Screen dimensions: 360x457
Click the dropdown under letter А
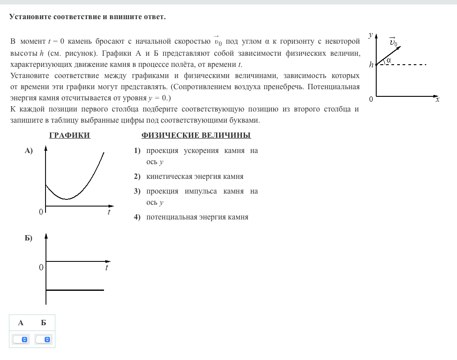point(21,339)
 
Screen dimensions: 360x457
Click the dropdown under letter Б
point(43,339)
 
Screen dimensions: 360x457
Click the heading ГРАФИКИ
point(70,136)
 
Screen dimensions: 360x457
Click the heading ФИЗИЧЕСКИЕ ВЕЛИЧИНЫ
point(196,136)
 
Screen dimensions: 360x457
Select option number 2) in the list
point(137,177)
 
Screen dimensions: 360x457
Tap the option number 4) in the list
point(137,217)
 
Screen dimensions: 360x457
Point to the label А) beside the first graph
point(29,151)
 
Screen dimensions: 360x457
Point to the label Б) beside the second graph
point(29,238)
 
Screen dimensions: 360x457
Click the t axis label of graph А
point(109,212)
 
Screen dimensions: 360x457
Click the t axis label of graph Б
point(107,268)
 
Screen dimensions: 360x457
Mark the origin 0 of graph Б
point(41,268)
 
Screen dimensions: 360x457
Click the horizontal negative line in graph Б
point(75,290)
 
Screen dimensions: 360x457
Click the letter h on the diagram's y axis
point(371,65)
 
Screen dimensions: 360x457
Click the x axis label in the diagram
point(437,99)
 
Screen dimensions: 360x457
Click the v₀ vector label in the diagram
point(393,43)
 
